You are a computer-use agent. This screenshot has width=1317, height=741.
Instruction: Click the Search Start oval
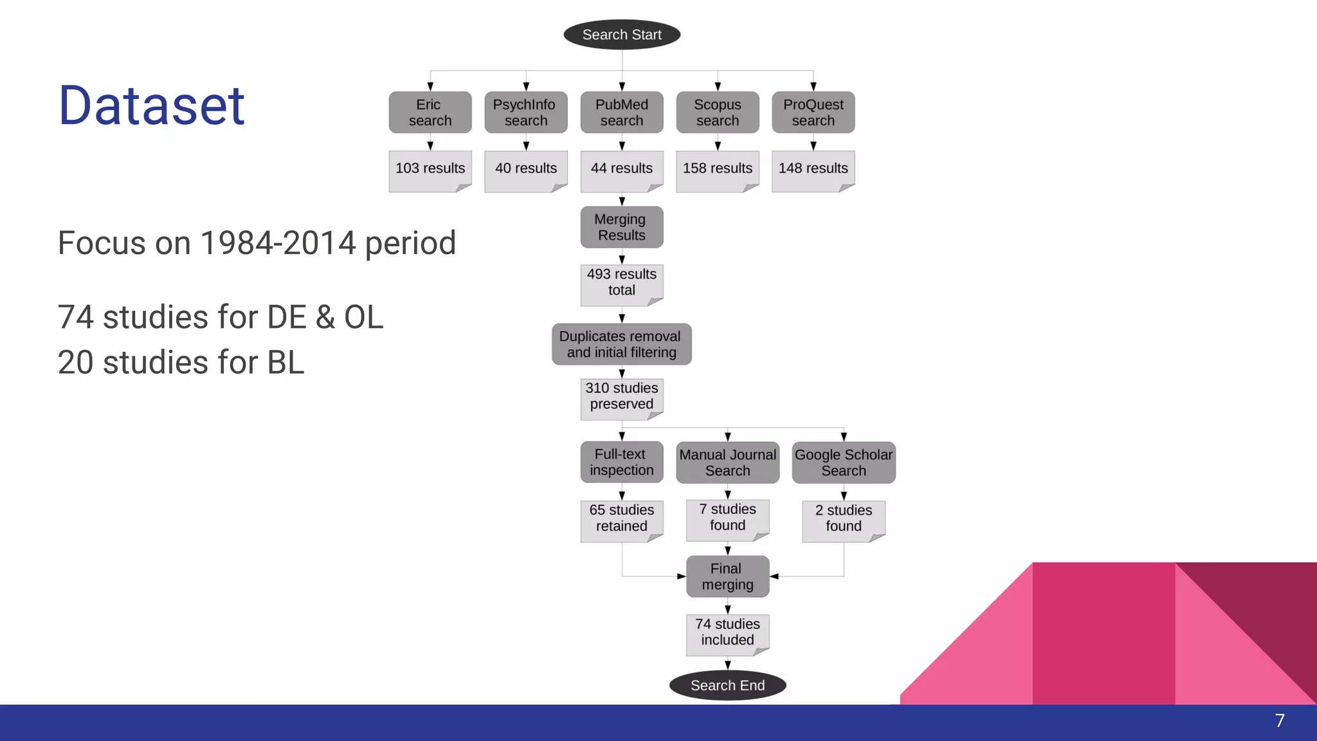coord(622,35)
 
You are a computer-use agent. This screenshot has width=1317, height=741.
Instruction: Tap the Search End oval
coord(727,686)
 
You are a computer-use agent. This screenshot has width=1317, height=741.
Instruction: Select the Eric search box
coord(430,113)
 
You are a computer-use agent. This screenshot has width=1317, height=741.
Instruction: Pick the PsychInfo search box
coord(525,113)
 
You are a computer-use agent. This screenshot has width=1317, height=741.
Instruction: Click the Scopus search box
coord(717,113)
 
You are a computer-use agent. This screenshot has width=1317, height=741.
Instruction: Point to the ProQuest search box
coord(813,113)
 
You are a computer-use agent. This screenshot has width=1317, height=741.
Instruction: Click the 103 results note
coord(430,170)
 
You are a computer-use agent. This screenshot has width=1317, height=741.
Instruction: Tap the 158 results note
coord(717,170)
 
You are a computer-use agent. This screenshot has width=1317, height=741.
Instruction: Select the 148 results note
coord(813,170)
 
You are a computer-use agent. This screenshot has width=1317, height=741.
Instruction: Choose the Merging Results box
coord(621,227)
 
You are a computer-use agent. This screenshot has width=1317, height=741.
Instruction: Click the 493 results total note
coord(621,284)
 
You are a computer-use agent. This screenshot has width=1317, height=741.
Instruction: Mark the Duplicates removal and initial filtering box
coord(621,344)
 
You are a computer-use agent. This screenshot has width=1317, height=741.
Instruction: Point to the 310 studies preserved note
coord(621,398)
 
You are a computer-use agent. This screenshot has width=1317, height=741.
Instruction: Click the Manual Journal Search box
coord(727,462)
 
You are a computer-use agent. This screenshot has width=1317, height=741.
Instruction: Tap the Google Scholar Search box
coord(843,462)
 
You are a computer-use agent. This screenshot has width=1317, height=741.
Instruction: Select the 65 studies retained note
coord(621,519)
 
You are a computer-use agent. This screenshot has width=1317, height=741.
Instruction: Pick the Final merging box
coord(727,576)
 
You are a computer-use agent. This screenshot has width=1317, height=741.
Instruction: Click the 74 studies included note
coord(727,633)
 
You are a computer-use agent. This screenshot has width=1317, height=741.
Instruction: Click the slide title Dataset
coord(152,105)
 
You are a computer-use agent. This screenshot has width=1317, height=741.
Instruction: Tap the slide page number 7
coord(1279,721)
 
